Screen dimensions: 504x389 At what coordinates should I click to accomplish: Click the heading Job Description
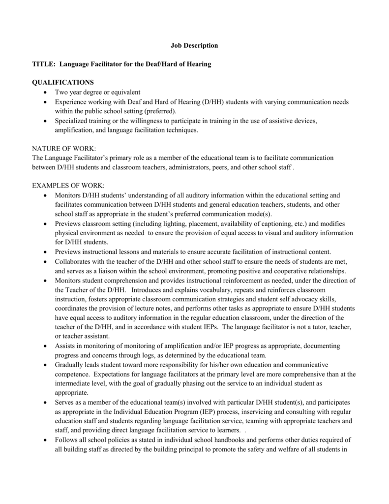(x=194, y=46)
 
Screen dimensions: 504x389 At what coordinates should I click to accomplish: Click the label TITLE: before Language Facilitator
(x=43, y=64)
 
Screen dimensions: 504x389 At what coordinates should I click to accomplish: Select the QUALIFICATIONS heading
(x=62, y=83)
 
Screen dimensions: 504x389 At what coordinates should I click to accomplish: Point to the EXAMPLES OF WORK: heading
(x=68, y=186)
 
